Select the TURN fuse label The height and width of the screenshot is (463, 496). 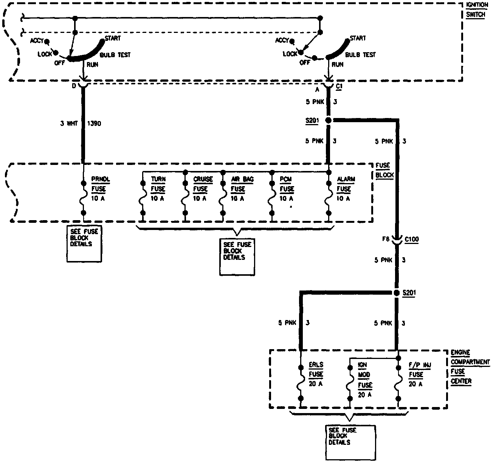pyautogui.click(x=158, y=188)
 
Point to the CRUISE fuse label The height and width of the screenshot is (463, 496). pyautogui.click(x=203, y=188)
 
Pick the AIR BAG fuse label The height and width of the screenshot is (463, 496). pyautogui.click(x=242, y=188)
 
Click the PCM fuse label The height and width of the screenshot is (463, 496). pyautogui.click(x=287, y=188)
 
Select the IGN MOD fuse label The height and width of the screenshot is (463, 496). pyautogui.click(x=365, y=380)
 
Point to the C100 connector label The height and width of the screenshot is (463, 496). pyautogui.click(x=411, y=239)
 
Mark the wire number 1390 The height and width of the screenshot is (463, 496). pyautogui.click(x=94, y=123)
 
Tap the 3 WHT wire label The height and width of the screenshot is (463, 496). pyautogui.click(x=69, y=123)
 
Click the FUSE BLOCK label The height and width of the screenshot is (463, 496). pyautogui.click(x=384, y=170)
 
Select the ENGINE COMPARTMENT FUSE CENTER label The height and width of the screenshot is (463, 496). pyautogui.click(x=470, y=367)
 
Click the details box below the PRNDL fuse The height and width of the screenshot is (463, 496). pyautogui.click(x=84, y=244)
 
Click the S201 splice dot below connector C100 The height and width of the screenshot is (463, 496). pyautogui.click(x=396, y=293)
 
